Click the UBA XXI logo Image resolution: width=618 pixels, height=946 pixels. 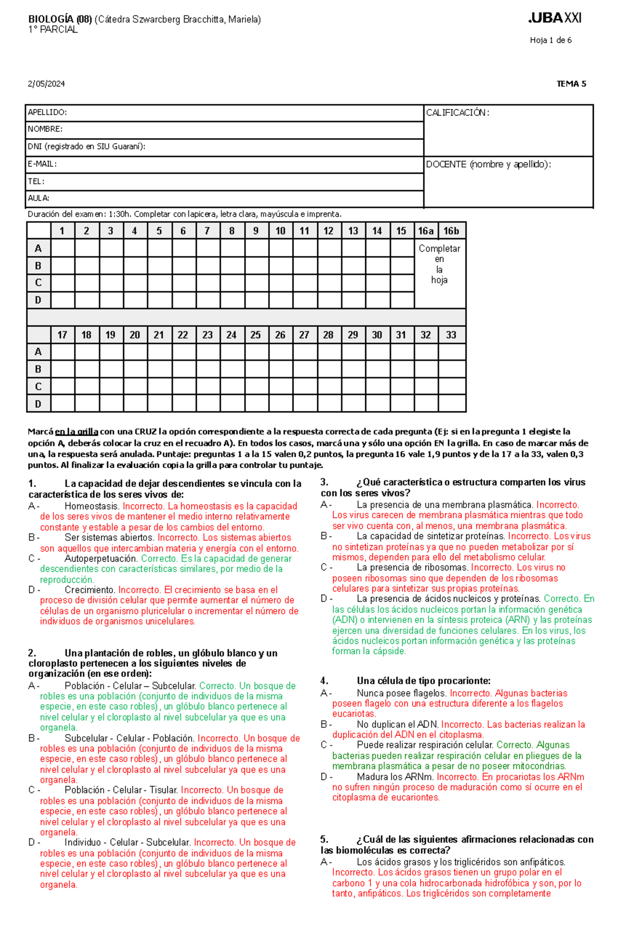(555, 18)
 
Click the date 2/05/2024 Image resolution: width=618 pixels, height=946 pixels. (46, 84)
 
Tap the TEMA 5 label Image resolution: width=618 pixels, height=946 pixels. (571, 84)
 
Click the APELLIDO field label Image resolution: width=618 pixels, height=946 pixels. (47, 112)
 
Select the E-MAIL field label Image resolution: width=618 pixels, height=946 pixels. (42, 164)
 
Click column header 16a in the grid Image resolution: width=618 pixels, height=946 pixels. (426, 231)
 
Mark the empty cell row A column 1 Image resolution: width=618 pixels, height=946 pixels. (62, 248)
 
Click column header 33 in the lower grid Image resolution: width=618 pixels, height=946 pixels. (451, 335)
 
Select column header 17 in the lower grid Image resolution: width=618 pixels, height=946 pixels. (62, 335)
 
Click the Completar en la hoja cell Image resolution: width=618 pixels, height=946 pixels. (439, 264)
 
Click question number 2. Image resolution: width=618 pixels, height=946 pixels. (32, 653)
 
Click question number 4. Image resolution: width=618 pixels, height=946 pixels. (324, 681)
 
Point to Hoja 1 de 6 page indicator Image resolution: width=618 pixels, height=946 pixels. (551, 40)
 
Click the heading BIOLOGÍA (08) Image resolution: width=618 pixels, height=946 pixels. (60, 20)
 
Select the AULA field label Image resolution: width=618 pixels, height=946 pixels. (39, 198)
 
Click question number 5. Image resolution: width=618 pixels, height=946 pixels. (324, 839)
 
